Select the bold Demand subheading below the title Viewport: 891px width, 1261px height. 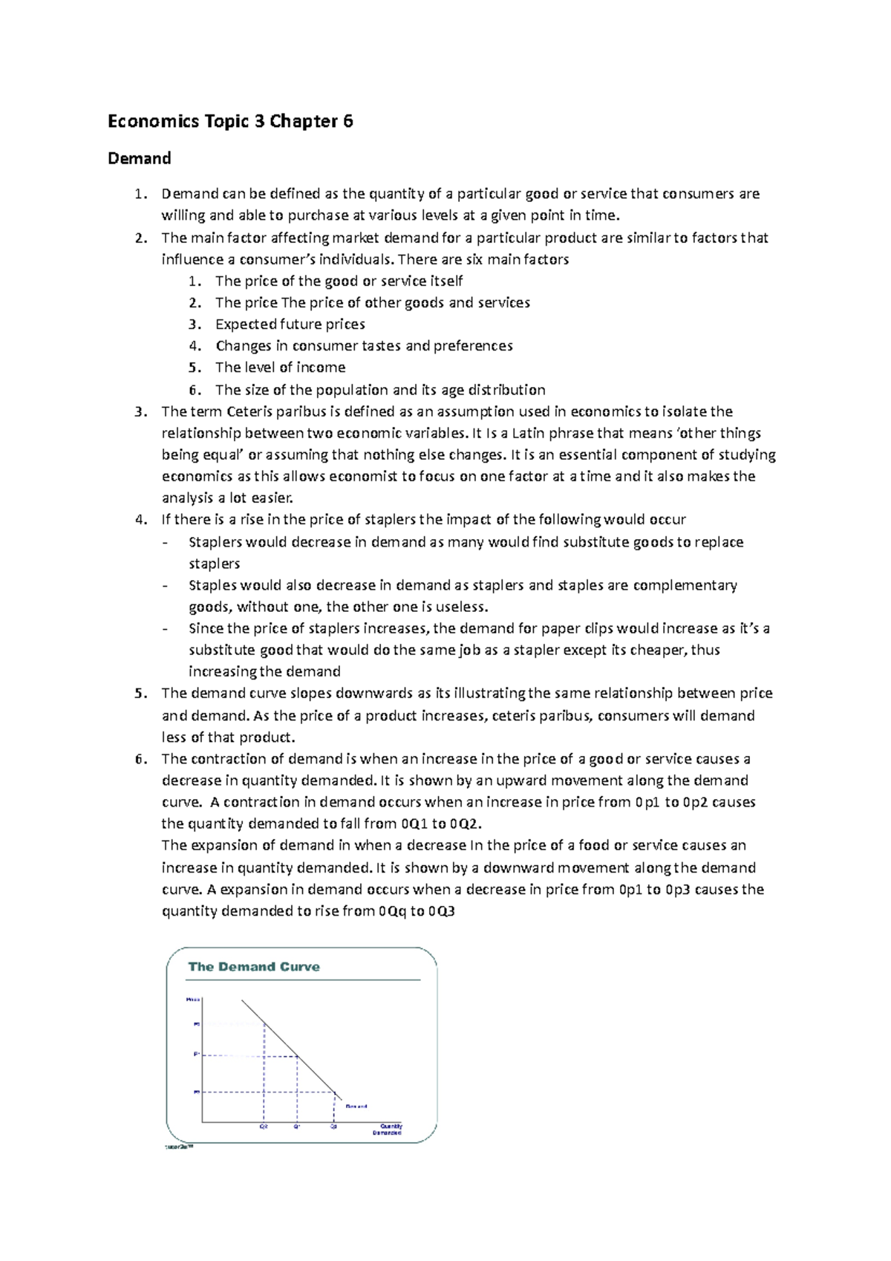click(139, 158)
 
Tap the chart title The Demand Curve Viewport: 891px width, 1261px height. click(254, 967)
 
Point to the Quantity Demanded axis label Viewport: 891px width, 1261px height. click(388, 1130)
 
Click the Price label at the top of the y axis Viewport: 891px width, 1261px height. click(193, 1000)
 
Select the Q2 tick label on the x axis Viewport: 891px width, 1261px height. click(263, 1127)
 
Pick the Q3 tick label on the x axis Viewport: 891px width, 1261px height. click(334, 1127)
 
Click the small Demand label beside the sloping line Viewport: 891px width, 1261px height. click(356, 1107)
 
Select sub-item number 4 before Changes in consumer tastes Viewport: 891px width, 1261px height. click(195, 346)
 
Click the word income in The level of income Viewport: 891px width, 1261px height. click(321, 368)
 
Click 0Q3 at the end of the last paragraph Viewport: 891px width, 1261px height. click(441, 911)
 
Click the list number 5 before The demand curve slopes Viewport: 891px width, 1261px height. click(140, 694)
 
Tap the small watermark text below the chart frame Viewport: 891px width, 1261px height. click(178, 1147)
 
